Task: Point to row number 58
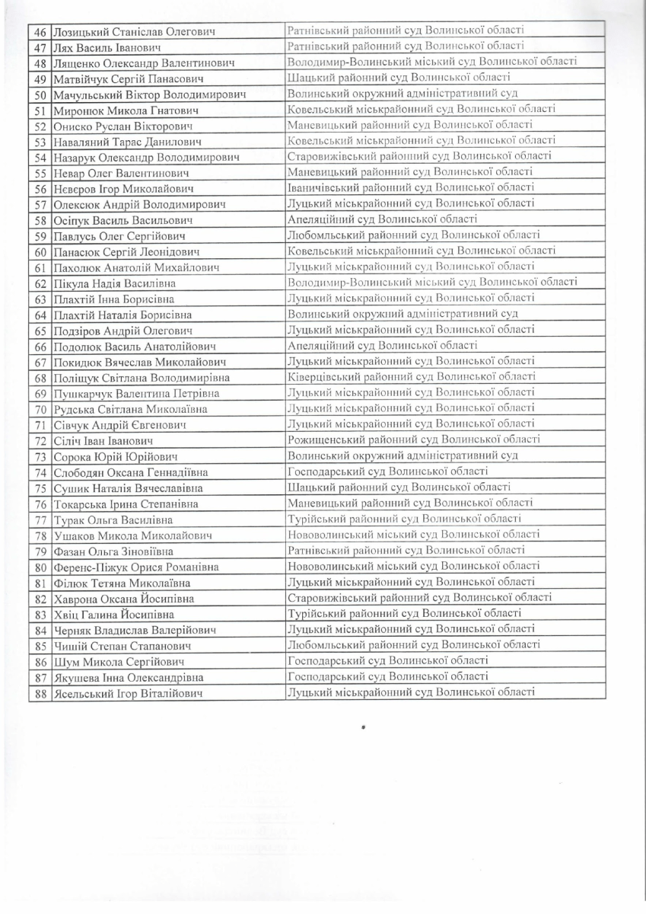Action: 40,221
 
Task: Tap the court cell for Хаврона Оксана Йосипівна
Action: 419,597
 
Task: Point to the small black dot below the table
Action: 364,727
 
